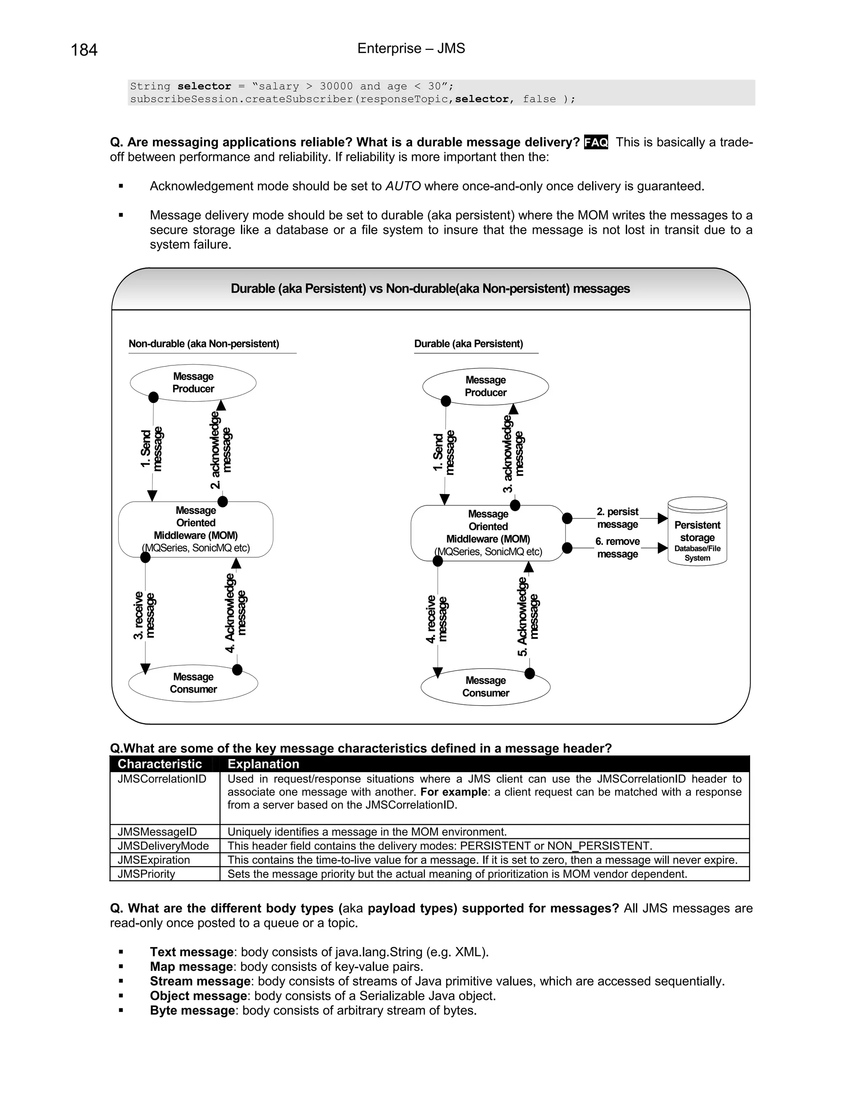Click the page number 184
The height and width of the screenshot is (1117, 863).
click(84, 50)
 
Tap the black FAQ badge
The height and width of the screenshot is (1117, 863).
click(595, 142)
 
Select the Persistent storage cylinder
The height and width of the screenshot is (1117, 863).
click(697, 532)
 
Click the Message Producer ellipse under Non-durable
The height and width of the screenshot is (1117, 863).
click(193, 383)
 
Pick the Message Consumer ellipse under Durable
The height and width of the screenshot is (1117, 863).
click(485, 687)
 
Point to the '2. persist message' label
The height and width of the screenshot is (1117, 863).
click(617, 518)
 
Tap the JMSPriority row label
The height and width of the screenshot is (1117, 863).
click(146, 874)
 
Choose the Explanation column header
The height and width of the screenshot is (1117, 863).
click(263, 764)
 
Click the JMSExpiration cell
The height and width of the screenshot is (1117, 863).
click(154, 860)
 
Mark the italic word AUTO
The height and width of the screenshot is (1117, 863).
click(403, 186)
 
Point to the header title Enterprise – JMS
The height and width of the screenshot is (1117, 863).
click(411, 48)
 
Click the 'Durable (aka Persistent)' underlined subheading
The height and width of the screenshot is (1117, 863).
click(468, 344)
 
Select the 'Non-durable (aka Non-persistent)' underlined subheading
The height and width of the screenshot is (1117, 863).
click(204, 344)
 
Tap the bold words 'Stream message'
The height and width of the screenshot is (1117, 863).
click(200, 981)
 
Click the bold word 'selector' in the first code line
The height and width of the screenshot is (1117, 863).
click(204, 86)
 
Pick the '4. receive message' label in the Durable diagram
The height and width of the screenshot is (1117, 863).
click(437, 619)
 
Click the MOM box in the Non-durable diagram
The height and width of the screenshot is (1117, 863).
click(196, 529)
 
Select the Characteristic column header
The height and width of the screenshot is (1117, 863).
click(160, 764)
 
